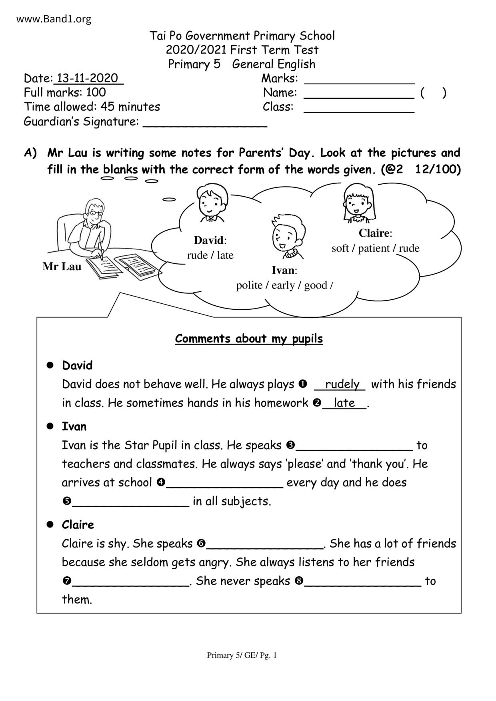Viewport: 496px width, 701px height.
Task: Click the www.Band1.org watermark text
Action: pyautogui.click(x=54, y=19)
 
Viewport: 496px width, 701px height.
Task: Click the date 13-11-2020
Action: pyautogui.click(x=88, y=78)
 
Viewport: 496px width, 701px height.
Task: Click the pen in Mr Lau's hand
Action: pyautogui.click(x=100, y=249)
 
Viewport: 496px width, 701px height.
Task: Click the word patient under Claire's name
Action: pyautogui.click(x=374, y=249)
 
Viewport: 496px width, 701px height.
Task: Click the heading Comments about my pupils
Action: pyautogui.click(x=249, y=339)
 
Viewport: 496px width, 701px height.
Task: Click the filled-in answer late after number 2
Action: pyautogui.click(x=344, y=403)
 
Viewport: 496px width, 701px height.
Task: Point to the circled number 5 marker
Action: pyautogui.click(x=67, y=501)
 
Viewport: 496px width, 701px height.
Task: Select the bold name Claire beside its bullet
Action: pyautogui.click(x=78, y=525)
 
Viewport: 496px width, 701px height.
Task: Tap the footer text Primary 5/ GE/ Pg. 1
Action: pyautogui.click(x=242, y=655)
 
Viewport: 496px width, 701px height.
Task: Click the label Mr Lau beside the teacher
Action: pyautogui.click(x=62, y=267)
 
